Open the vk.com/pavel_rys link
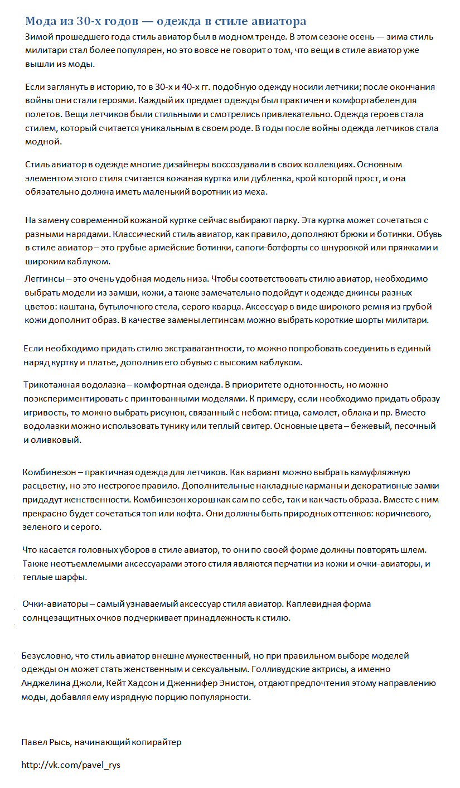pyautogui.click(x=71, y=765)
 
